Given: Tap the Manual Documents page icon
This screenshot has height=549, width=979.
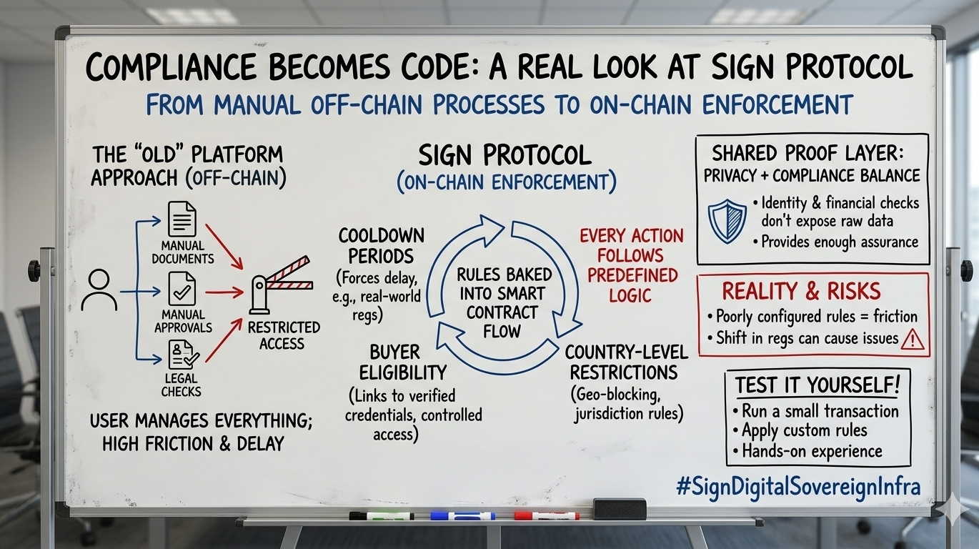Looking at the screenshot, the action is point(181,219).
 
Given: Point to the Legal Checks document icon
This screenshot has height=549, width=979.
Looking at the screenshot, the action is point(182,355).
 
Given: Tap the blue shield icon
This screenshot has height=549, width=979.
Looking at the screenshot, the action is point(727,220).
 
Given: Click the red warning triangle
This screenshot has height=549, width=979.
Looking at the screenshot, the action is point(913,340).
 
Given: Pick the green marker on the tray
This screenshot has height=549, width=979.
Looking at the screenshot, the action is point(381,515).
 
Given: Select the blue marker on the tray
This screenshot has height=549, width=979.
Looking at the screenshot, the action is point(462,515).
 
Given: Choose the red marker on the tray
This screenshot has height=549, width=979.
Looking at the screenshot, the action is point(547,515).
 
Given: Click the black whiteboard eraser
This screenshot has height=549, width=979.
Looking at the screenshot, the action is point(620,509).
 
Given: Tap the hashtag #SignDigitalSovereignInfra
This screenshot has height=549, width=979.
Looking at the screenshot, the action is point(798,487).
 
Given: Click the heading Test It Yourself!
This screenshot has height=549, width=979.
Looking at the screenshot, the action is point(818,385).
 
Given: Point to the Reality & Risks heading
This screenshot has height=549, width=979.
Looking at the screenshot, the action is point(801,291).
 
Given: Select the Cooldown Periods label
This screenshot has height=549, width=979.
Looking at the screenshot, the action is point(381,245).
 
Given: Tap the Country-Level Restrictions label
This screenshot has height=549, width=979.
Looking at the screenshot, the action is point(626,362).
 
